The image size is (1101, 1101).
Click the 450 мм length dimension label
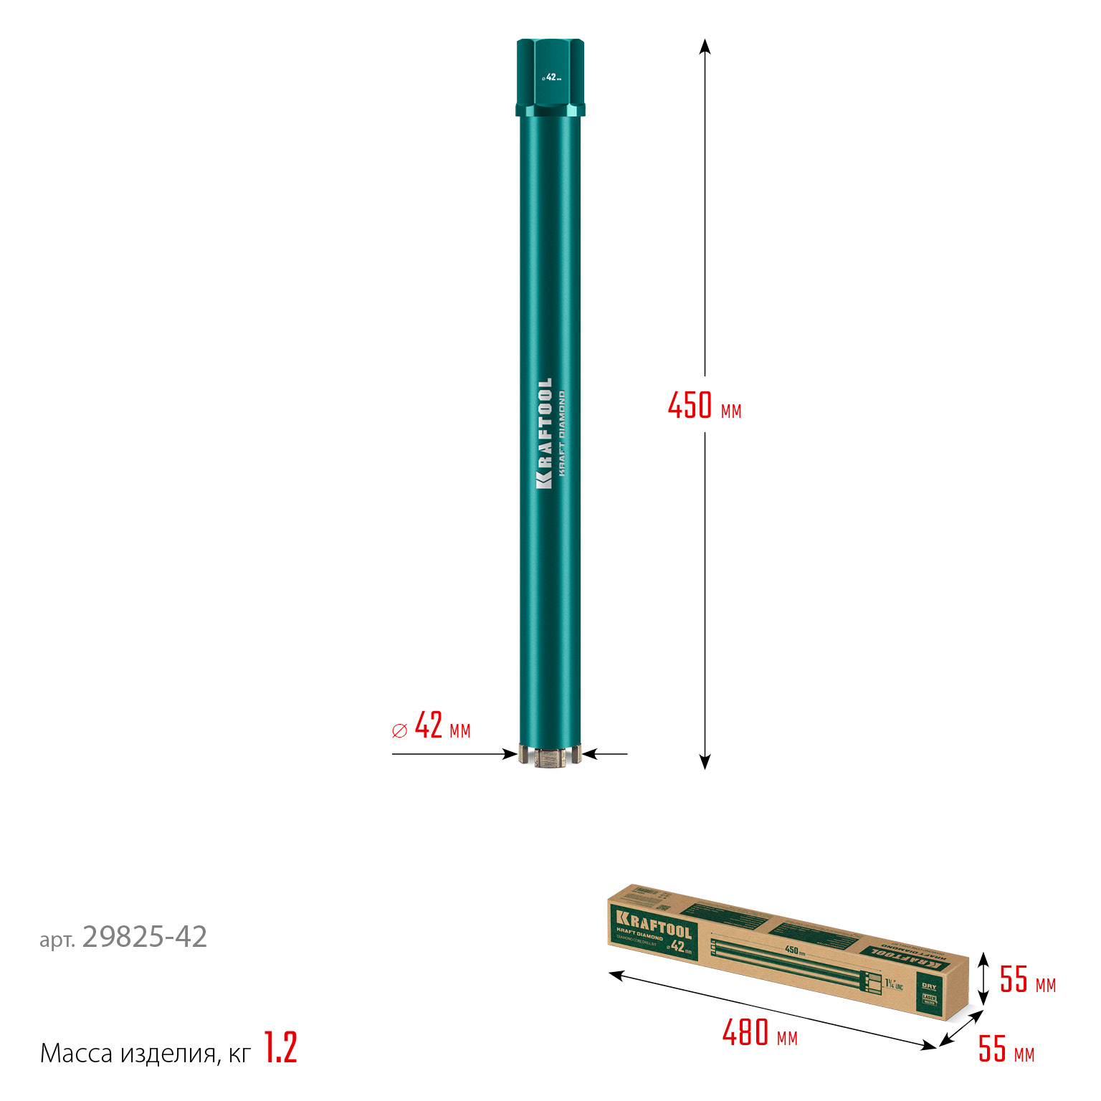click(x=704, y=406)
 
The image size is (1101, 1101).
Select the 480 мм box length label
click(x=759, y=1034)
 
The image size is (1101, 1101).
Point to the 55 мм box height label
click(x=1027, y=980)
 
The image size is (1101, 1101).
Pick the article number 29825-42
click(x=145, y=937)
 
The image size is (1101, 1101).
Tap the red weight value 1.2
click(x=280, y=1048)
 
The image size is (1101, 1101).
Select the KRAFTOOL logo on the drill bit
click(x=544, y=434)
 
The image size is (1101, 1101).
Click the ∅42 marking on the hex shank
click(x=550, y=77)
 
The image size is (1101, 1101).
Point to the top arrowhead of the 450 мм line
click(x=705, y=46)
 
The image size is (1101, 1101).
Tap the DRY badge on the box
click(x=929, y=986)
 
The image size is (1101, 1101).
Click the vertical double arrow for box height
click(x=984, y=979)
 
